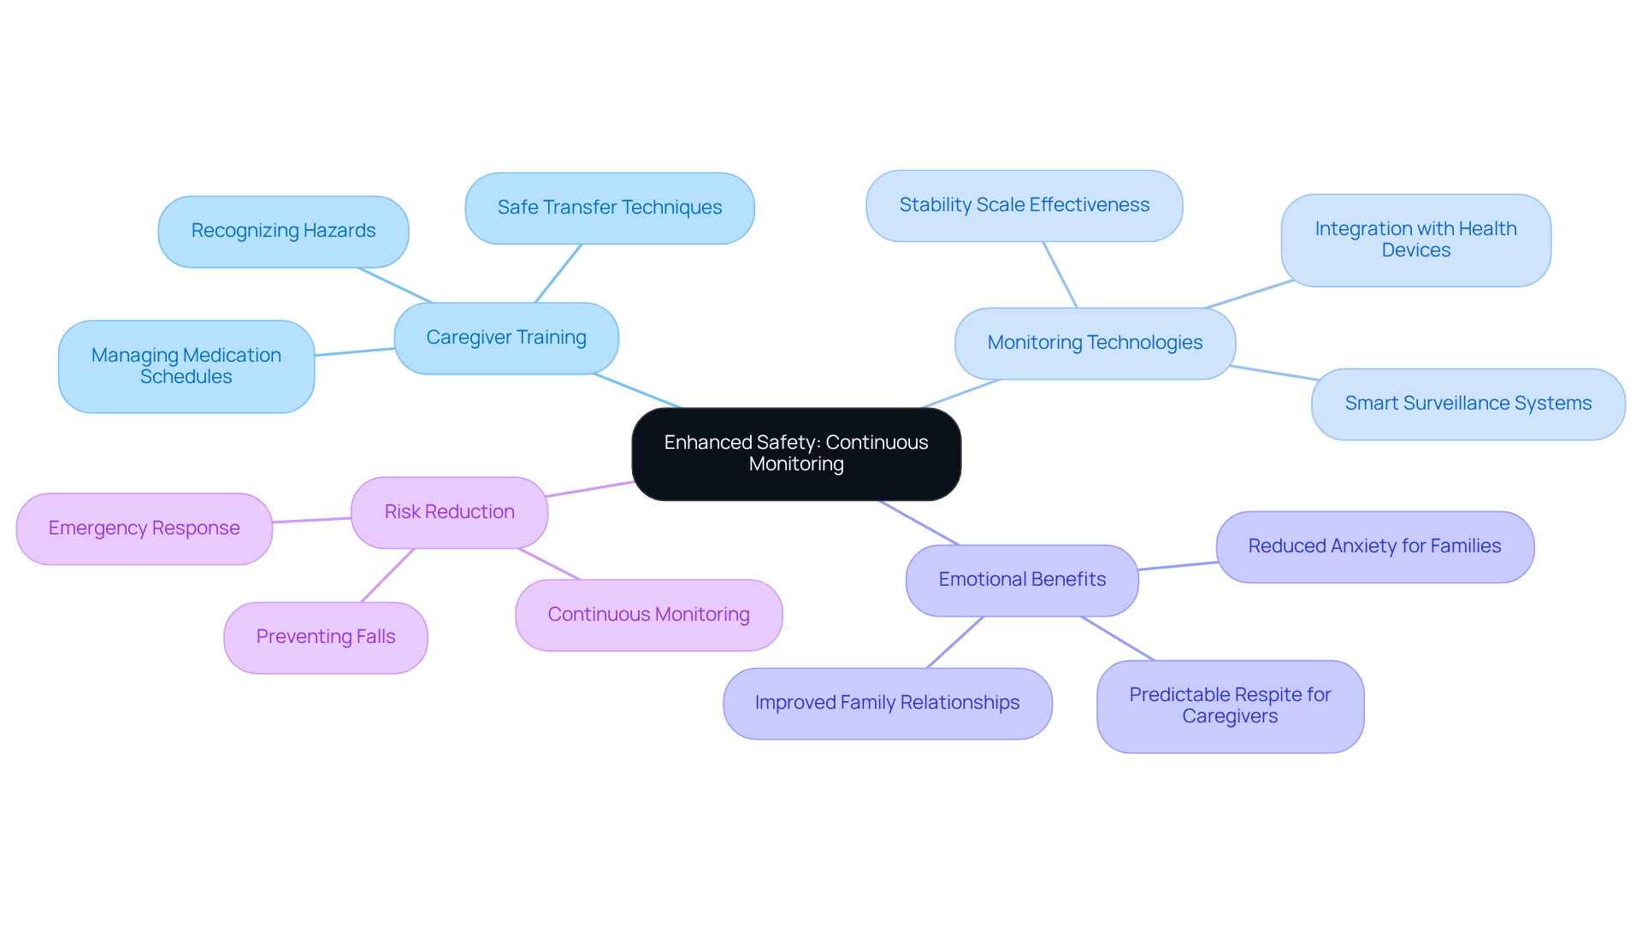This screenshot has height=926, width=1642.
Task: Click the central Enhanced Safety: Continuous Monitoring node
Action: pyautogui.click(x=795, y=453)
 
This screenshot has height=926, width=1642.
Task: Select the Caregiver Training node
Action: pyautogui.click(x=506, y=338)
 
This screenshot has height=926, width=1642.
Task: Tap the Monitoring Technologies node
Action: pyautogui.click(x=1095, y=343)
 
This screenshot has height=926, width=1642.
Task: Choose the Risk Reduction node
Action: pyautogui.click(x=449, y=512)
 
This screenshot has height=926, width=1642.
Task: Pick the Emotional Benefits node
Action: pyautogui.click(x=1022, y=580)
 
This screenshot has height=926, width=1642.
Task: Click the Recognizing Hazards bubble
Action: pyautogui.click(x=283, y=231)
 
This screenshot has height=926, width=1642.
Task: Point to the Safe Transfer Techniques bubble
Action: pyautogui.click(x=609, y=208)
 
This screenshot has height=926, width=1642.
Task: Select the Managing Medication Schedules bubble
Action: pyautogui.click(x=186, y=366)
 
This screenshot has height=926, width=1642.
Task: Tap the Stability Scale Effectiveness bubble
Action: pyautogui.click(x=1024, y=205)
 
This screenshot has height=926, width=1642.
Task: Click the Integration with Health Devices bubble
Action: pyautogui.click(x=1415, y=239)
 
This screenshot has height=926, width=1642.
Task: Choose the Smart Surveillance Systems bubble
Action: pyautogui.click(x=1468, y=404)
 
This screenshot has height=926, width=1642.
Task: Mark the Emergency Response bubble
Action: pyautogui.click(x=144, y=528)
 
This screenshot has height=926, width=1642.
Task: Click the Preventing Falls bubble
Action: pyautogui.click(x=325, y=637)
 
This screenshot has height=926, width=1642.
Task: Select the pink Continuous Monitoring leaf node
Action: pyautogui.click(x=648, y=615)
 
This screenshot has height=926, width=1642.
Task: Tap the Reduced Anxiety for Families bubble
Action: pyautogui.click(x=1374, y=546)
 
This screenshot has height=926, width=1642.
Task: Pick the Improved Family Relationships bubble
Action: pyautogui.click(x=887, y=703)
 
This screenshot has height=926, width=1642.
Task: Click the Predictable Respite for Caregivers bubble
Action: pyautogui.click(x=1230, y=705)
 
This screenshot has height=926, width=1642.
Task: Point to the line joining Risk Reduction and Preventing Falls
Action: pyautogui.click(x=387, y=575)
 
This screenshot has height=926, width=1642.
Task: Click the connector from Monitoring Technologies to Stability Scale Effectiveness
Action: pyautogui.click(x=1060, y=274)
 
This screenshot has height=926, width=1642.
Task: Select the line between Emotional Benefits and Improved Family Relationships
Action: pyautogui.click(x=955, y=642)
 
